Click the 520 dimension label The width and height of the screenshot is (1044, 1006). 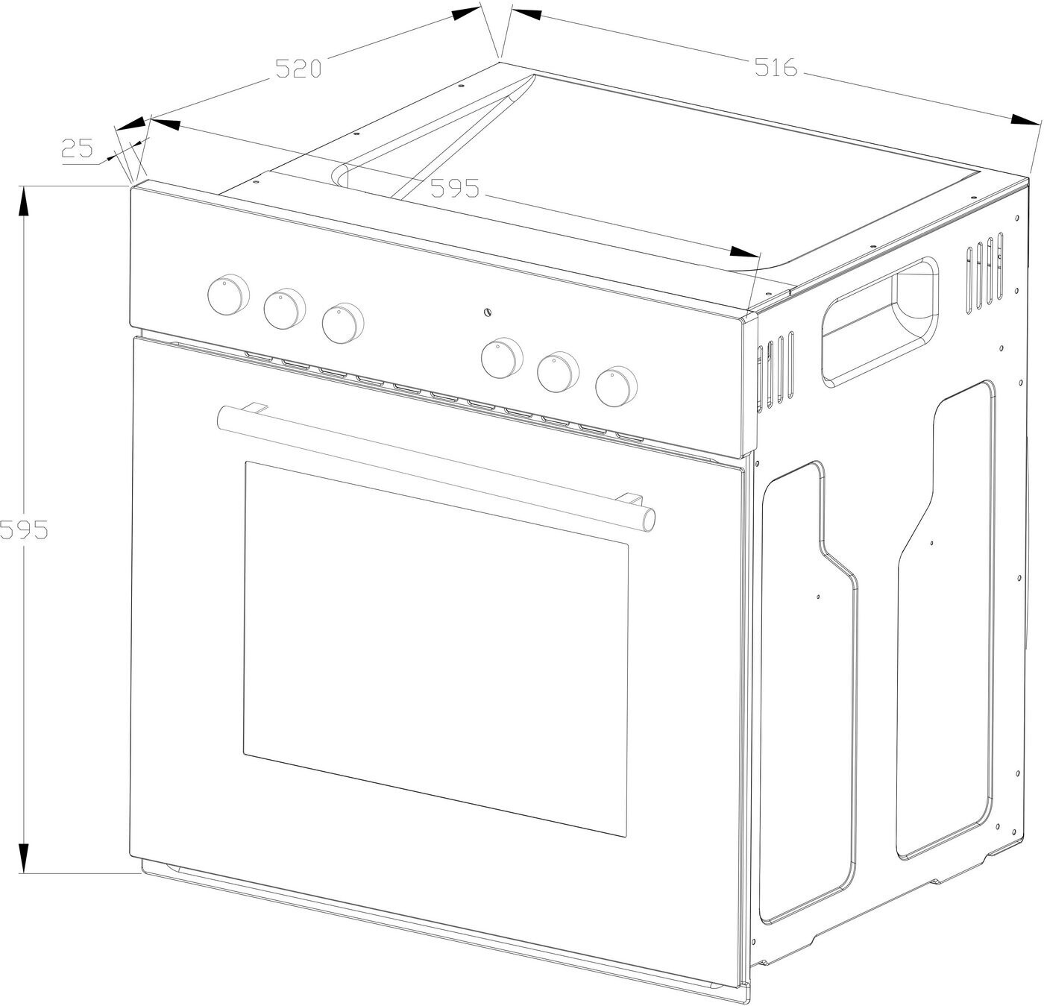point(298,69)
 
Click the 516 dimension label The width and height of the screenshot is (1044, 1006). point(776,67)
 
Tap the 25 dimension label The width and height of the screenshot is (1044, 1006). point(78,148)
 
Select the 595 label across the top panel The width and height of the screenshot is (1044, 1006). point(454,189)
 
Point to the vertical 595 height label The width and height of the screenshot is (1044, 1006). point(24,529)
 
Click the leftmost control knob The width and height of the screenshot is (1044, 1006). point(228,295)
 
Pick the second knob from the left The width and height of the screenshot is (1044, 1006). point(284,309)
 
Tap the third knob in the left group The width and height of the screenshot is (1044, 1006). point(343,324)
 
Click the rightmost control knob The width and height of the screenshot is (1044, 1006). point(617,387)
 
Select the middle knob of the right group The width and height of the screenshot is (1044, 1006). point(559,372)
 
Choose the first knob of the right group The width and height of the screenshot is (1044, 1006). point(502,358)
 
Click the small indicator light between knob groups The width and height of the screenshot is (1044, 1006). point(487,312)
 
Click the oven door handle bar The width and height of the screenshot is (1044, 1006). point(436,468)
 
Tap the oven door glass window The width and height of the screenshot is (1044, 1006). point(436,649)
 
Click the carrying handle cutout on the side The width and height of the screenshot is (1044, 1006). point(881,322)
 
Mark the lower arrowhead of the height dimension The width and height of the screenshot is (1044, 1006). point(23,857)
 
